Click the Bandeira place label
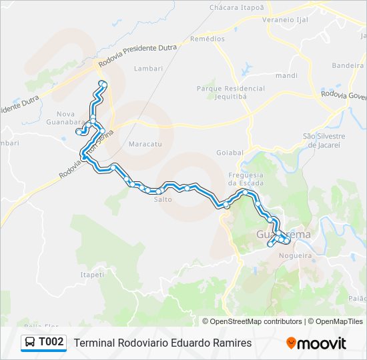coord(348,66)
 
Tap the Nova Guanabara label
coord(70,117)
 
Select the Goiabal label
coord(230,153)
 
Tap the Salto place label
coord(163,199)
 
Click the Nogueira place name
coord(296,255)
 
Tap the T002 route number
coord(51,343)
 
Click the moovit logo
coord(316,343)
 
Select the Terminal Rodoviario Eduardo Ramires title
coord(163,343)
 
